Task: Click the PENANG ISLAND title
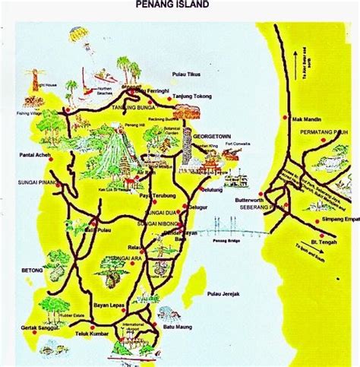point(172,5)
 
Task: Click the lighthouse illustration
point(33,79)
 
